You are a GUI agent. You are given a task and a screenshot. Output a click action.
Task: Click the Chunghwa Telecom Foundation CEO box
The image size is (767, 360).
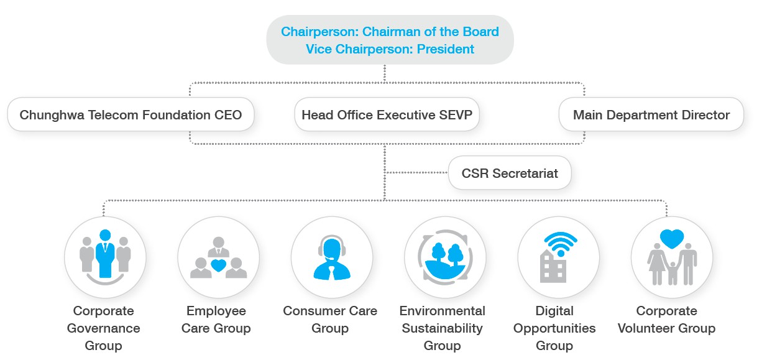tap(131, 114)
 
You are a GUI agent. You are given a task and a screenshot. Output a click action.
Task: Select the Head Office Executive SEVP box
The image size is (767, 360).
tap(387, 114)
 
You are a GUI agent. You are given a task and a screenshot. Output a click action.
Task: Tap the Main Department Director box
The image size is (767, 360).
tap(651, 114)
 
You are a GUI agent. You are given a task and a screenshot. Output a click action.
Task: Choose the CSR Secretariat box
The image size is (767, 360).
tap(510, 173)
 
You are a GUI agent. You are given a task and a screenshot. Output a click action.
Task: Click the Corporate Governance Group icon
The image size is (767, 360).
tap(105, 257)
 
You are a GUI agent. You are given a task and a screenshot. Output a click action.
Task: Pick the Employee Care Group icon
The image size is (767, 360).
tap(218, 257)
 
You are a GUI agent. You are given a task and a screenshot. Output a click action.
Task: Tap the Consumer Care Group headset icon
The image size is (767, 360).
tap(332, 257)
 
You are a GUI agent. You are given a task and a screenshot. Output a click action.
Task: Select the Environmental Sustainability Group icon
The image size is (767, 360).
tap(445, 257)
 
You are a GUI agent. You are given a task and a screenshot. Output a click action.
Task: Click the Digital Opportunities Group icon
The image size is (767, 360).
tap(559, 257)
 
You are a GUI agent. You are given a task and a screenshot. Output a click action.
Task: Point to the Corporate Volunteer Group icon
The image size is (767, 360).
tap(672, 257)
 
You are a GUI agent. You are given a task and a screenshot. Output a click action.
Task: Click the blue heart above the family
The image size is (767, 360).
tap(672, 238)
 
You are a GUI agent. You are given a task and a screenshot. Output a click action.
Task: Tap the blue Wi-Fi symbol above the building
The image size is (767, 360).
tap(561, 244)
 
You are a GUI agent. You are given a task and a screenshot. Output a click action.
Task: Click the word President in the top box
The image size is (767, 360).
tap(446, 49)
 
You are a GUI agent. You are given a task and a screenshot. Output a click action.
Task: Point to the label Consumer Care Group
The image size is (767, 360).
tap(330, 319)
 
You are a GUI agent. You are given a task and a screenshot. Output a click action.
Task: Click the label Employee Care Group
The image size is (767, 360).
tap(216, 319)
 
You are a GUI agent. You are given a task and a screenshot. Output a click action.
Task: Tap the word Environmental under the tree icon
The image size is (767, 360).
tap(442, 311)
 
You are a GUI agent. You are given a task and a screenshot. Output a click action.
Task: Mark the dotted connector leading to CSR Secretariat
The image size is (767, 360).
tap(416, 173)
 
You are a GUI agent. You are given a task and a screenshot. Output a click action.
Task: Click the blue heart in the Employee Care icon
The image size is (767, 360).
tap(218, 265)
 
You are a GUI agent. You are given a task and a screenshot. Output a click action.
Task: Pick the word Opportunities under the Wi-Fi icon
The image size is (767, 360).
tap(554, 328)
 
